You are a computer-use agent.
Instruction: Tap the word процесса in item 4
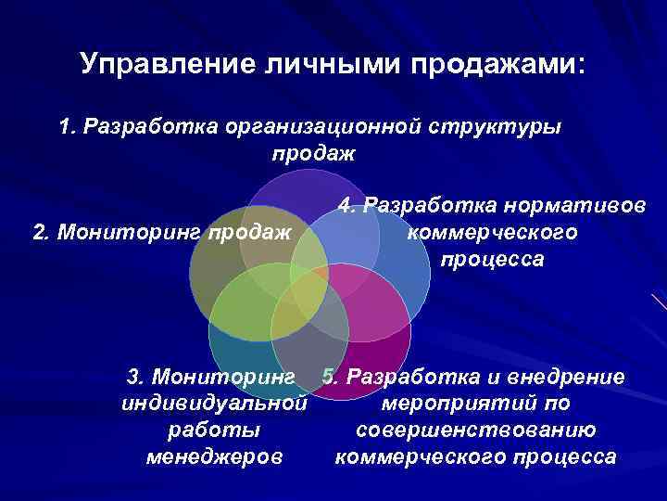coord(492,260)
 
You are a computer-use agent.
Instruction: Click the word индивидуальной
coord(214,404)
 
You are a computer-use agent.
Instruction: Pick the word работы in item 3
coord(214,430)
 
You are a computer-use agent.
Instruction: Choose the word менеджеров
coord(214,457)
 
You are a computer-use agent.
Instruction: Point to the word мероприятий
coord(475,404)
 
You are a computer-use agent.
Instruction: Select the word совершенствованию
coord(475,430)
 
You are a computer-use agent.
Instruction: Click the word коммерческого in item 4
coord(492,232)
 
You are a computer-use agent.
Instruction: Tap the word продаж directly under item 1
coord(313,152)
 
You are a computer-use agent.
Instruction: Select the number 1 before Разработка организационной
coord(64,126)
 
